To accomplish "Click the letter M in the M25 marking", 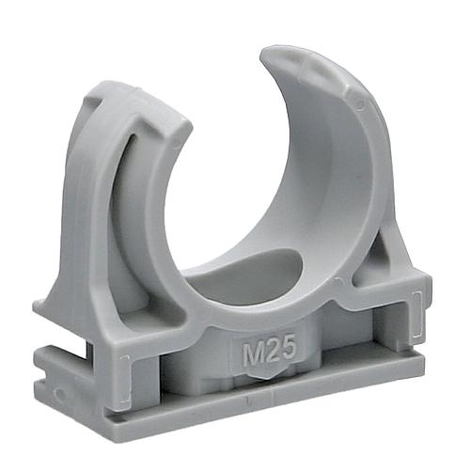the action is click(x=253, y=353).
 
